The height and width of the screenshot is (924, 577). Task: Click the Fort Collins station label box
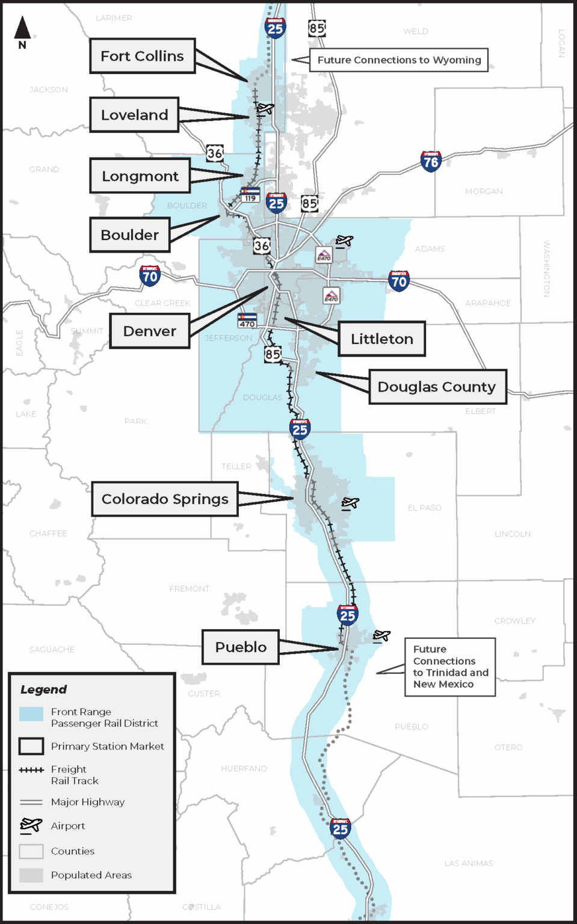(x=143, y=56)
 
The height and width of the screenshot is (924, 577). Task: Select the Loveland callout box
(x=134, y=115)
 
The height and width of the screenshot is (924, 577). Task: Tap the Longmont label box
(x=140, y=176)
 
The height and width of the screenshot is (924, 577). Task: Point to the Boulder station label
(x=130, y=235)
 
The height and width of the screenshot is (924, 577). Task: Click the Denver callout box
(x=150, y=331)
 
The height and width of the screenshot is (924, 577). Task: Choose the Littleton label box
(x=382, y=339)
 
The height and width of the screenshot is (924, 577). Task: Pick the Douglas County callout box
(x=437, y=387)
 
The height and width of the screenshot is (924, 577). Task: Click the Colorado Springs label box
(x=165, y=499)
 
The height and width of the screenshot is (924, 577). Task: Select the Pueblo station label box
(x=241, y=647)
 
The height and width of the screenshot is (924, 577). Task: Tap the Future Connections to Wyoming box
(x=399, y=60)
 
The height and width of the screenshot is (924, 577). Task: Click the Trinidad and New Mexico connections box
(x=450, y=667)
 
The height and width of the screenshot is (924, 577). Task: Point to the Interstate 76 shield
(x=431, y=161)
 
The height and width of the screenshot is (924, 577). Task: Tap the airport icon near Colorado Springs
(x=350, y=503)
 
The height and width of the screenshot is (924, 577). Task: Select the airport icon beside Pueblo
(x=381, y=636)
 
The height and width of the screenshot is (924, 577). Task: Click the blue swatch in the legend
(x=31, y=714)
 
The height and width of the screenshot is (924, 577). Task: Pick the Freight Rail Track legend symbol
(x=31, y=770)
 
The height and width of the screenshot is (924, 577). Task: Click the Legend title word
(x=43, y=689)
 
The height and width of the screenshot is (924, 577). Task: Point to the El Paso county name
(x=424, y=508)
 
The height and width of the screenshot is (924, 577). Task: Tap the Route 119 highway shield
(x=250, y=194)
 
